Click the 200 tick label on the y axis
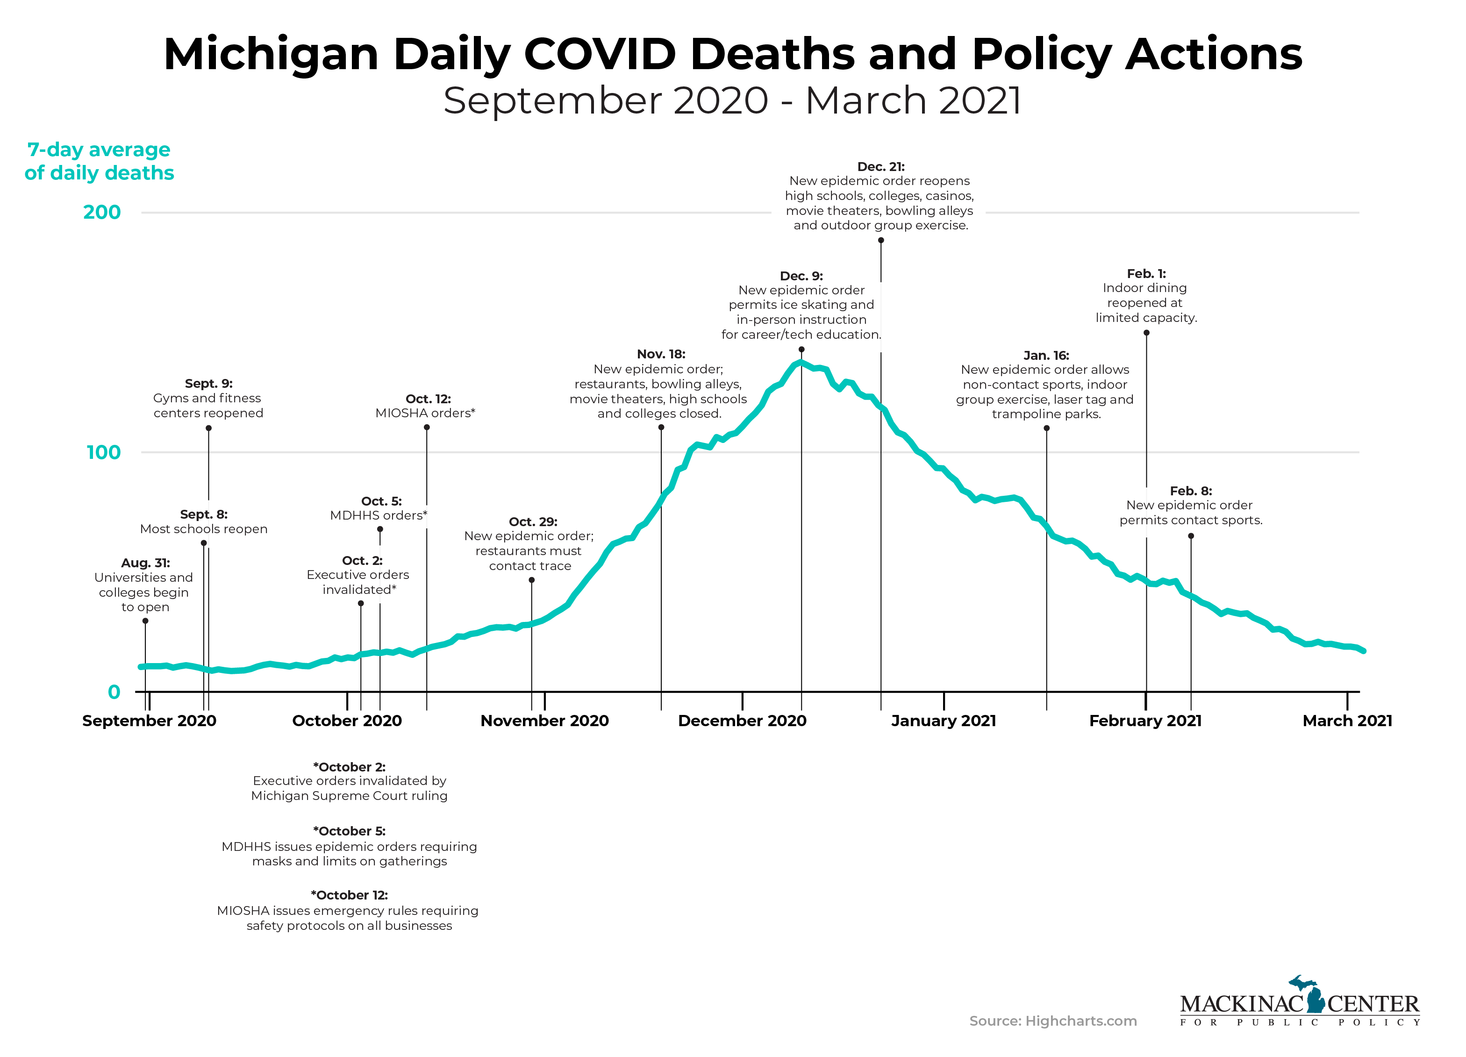[x=102, y=212]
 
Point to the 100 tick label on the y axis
[x=103, y=452]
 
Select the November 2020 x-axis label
[x=544, y=721]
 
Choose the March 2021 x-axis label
[x=1347, y=721]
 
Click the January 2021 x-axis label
[x=943, y=721]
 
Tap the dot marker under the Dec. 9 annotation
[x=801, y=350]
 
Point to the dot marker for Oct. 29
[x=532, y=580]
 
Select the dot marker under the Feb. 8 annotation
[x=1191, y=536]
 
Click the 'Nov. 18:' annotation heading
[x=661, y=354]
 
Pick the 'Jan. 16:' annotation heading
[x=1046, y=356]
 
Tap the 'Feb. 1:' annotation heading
[x=1146, y=273]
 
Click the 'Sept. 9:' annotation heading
[x=209, y=383]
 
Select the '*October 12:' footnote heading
[x=349, y=895]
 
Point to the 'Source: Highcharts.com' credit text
[x=1053, y=1021]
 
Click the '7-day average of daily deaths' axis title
[x=100, y=161]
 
